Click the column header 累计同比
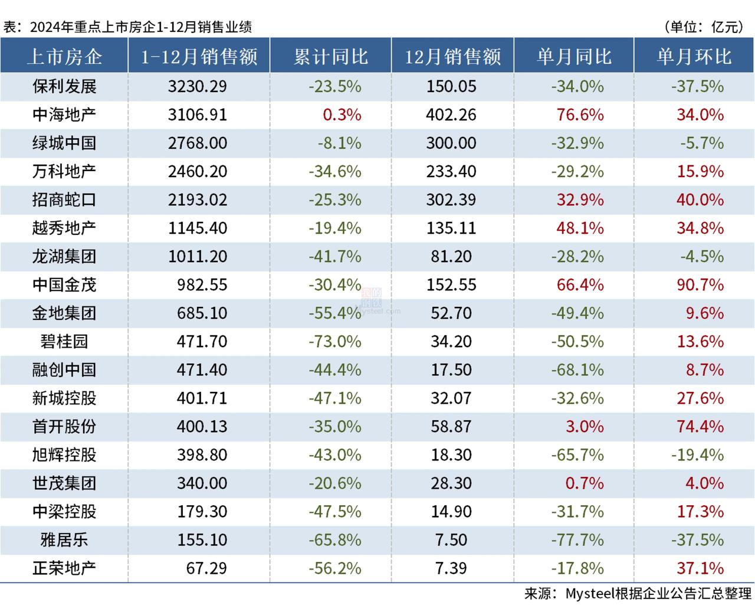(330, 56)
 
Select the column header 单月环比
(694, 56)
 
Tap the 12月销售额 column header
(452, 56)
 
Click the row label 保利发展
(64, 86)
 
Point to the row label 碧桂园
(64, 341)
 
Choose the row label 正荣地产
(64, 568)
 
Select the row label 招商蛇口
(64, 200)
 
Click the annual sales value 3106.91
(197, 115)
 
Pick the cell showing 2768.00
(197, 143)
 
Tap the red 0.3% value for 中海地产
(342, 115)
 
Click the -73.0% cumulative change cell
(334, 341)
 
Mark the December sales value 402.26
(451, 115)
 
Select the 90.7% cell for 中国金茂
(700, 284)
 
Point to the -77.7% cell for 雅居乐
(577, 539)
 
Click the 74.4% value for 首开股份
(700, 426)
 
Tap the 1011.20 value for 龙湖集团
(197, 256)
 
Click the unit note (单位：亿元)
(703, 27)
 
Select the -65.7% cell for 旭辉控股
(577, 454)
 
